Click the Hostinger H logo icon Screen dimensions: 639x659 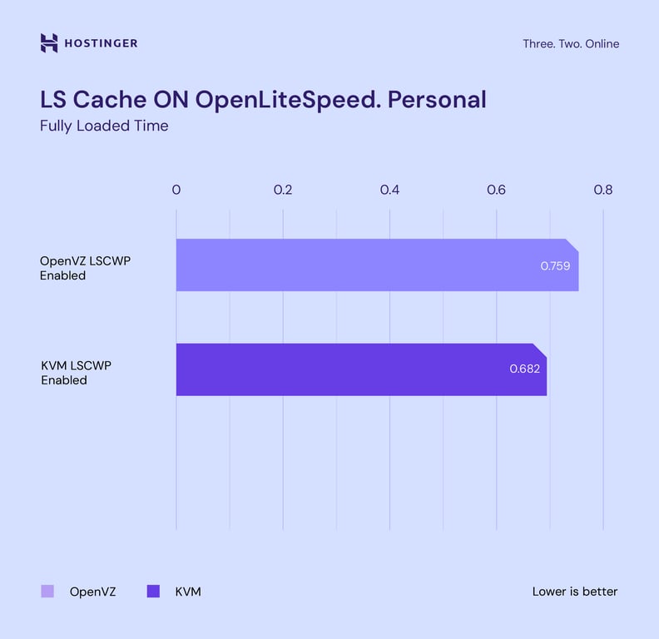click(x=49, y=43)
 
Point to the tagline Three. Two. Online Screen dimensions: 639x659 click(x=571, y=44)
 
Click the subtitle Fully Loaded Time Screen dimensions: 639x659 click(x=104, y=126)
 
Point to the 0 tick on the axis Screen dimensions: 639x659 click(x=176, y=191)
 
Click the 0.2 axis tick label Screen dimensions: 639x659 click(x=283, y=191)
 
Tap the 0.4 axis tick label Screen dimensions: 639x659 click(x=389, y=191)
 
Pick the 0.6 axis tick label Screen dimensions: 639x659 click(x=496, y=191)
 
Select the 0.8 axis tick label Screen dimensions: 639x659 click(x=602, y=191)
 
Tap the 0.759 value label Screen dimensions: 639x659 click(x=556, y=266)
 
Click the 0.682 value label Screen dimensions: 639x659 click(x=524, y=368)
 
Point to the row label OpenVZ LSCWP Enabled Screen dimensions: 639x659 click(x=86, y=268)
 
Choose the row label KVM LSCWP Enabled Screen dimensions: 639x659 click(x=76, y=373)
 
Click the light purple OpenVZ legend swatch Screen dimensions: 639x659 click(x=47, y=592)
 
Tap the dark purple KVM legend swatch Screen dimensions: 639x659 click(x=152, y=592)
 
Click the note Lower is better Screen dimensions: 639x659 click(x=575, y=592)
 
